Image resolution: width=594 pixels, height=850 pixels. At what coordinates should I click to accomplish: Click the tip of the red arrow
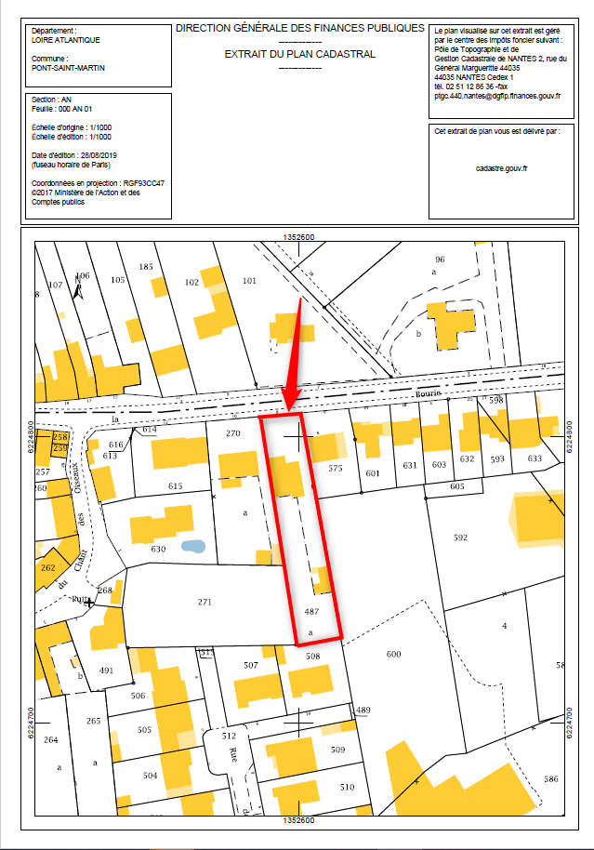click(288, 409)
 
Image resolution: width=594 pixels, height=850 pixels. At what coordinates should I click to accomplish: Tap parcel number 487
click(311, 612)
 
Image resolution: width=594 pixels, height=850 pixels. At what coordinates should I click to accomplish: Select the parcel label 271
click(205, 603)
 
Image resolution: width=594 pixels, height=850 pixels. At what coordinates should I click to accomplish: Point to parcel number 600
click(392, 654)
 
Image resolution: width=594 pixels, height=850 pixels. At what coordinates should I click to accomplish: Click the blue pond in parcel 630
click(192, 546)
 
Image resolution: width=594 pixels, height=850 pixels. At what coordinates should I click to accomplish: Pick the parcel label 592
click(460, 538)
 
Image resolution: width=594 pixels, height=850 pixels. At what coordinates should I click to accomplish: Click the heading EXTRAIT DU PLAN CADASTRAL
click(299, 55)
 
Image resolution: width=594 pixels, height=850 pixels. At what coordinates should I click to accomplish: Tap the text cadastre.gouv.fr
click(501, 168)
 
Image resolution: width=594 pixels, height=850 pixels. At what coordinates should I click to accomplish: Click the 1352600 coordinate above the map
click(299, 238)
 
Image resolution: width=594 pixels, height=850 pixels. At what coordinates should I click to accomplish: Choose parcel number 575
click(336, 469)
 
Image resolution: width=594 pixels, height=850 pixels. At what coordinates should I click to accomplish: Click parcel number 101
click(248, 281)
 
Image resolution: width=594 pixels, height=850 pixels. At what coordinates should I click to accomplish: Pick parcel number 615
click(175, 486)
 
